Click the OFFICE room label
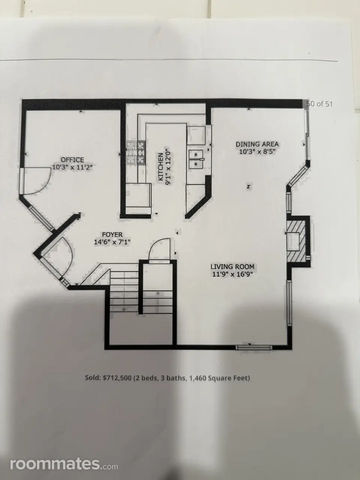(72, 160)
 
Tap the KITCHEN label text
(160, 167)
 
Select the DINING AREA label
(257, 144)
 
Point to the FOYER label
(112, 235)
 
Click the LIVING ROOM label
(232, 267)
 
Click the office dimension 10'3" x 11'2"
(72, 168)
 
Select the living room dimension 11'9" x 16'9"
(232, 274)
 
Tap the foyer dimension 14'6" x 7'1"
(112, 242)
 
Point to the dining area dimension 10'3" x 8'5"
(257, 152)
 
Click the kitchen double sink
(196, 159)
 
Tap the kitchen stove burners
(136, 152)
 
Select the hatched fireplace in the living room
(297, 241)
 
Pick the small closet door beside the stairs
(159, 249)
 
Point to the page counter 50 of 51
(319, 104)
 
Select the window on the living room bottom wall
(254, 348)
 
